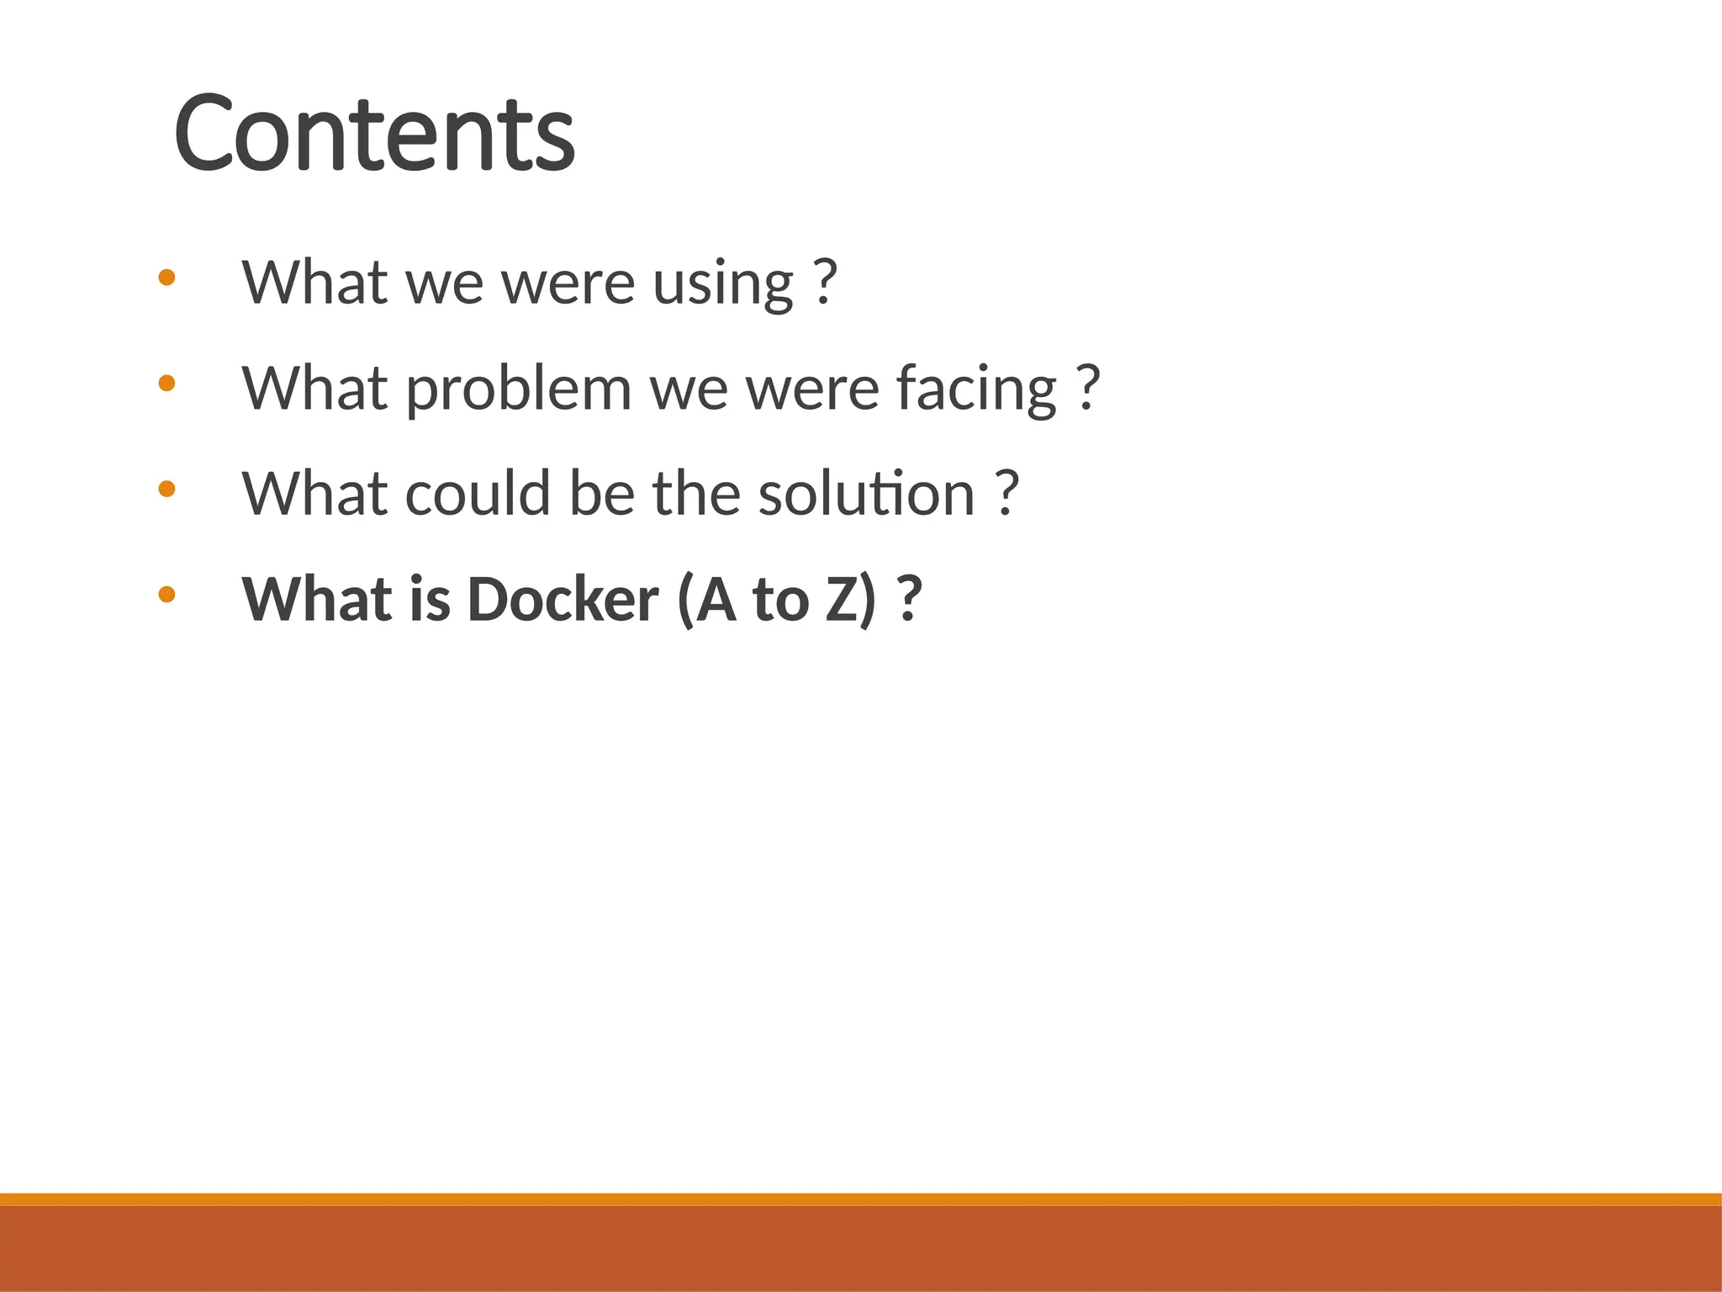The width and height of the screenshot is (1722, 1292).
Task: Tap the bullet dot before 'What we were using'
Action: (x=166, y=278)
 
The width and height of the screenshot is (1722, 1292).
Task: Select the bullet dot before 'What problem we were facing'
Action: (x=166, y=384)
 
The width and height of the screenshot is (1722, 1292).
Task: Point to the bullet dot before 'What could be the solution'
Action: (x=166, y=489)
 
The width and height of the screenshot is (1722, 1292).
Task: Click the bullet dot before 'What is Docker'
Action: (x=166, y=595)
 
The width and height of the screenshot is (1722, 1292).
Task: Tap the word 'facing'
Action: (x=975, y=390)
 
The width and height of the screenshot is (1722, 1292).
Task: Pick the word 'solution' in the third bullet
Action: (x=866, y=494)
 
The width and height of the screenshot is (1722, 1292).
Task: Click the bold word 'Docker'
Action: (x=563, y=600)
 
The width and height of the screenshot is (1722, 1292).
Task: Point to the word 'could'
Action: (x=478, y=494)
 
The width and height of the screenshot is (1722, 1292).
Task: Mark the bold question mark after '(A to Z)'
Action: (x=909, y=599)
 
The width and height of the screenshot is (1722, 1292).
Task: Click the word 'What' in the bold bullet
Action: (x=315, y=600)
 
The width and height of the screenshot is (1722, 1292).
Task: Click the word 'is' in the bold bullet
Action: (x=430, y=600)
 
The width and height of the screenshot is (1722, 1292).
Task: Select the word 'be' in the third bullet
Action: (x=602, y=494)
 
